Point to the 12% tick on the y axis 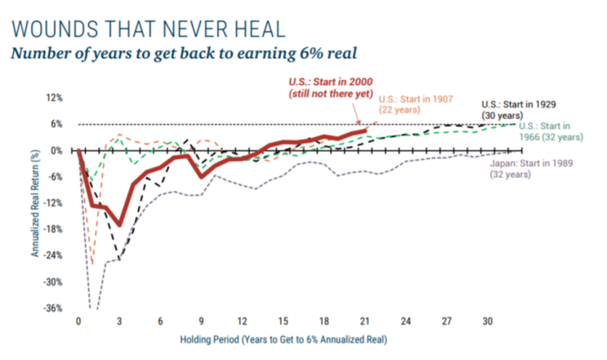[55, 98]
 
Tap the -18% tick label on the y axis [54, 229]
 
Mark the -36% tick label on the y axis [54, 308]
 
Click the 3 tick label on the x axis [120, 321]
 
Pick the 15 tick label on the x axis [284, 321]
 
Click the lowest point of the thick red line [121, 225]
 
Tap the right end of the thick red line [366, 129]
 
